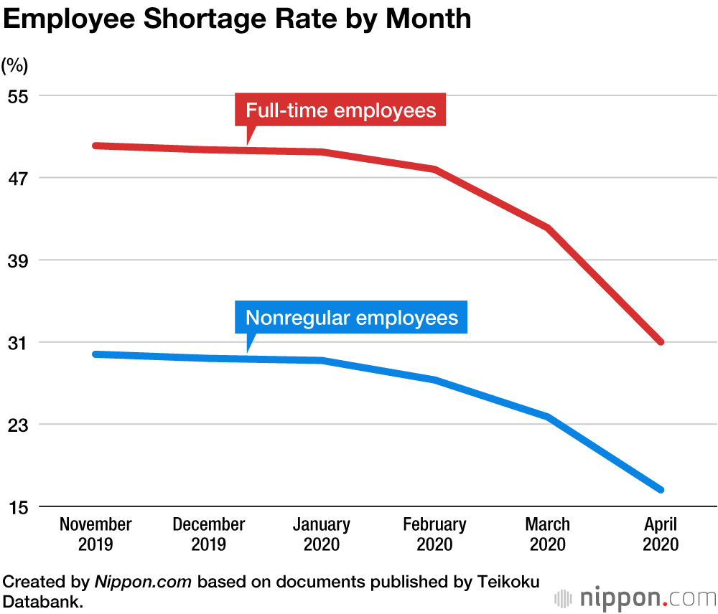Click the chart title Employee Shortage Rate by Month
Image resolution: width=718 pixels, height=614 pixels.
tap(237, 19)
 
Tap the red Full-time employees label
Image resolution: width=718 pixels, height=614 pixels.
tap(340, 110)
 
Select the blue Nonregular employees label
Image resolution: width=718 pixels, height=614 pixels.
tap(351, 318)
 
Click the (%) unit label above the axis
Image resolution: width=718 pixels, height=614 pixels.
tap(14, 66)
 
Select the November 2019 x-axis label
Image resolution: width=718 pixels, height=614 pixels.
tap(95, 534)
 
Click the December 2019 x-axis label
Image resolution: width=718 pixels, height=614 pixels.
tap(209, 534)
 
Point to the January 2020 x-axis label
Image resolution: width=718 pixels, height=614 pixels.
tap(322, 534)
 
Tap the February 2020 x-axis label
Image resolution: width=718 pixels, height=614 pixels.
tap(434, 534)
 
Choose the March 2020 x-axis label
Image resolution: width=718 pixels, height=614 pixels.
tap(548, 534)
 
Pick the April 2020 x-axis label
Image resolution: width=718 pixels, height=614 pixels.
tap(661, 534)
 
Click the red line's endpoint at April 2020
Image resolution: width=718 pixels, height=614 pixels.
tap(661, 342)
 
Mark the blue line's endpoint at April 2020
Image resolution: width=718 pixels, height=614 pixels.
tap(661, 490)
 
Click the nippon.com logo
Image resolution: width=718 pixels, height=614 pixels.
tap(635, 598)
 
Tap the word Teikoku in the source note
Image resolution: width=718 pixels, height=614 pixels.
tap(508, 582)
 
